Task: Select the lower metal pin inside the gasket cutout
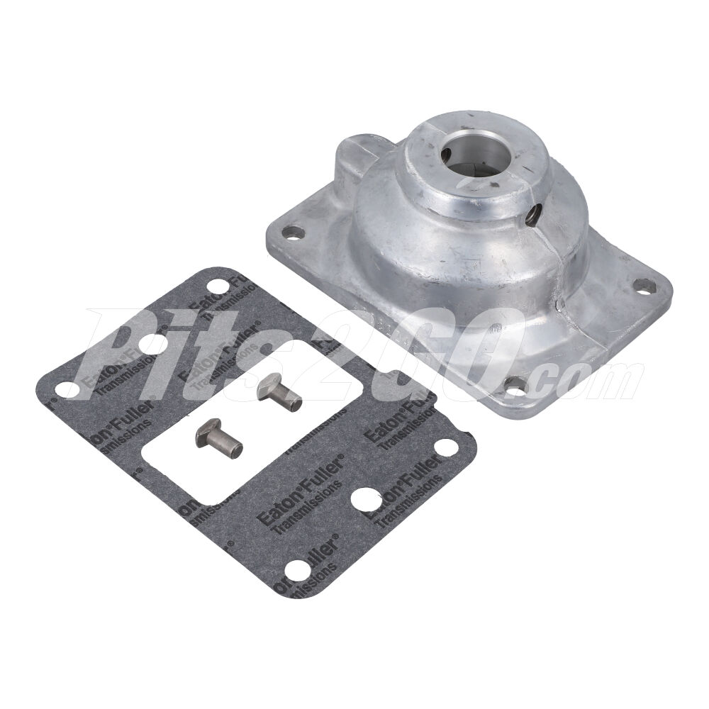219,439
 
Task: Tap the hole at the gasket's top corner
220,286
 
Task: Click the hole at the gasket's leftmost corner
67,389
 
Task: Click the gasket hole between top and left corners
148,343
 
